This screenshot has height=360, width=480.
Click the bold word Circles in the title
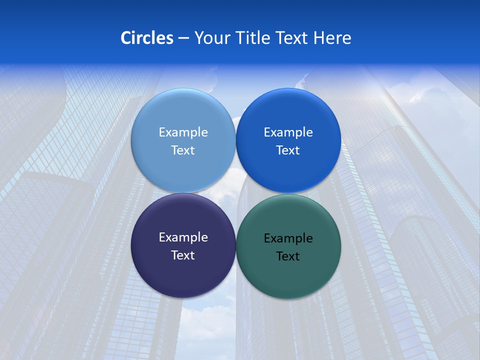pyautogui.click(x=146, y=38)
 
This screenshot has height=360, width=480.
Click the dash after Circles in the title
pyautogui.click(x=183, y=38)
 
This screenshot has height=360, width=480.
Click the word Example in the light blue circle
pyautogui.click(x=183, y=132)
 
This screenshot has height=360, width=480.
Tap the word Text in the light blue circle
pyautogui.click(x=183, y=150)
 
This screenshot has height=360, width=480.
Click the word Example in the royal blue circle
pyautogui.click(x=288, y=132)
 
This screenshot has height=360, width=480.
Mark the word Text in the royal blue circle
pyautogui.click(x=288, y=150)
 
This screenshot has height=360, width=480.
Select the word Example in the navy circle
pyautogui.click(x=183, y=237)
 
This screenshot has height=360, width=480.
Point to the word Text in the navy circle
pyautogui.click(x=183, y=255)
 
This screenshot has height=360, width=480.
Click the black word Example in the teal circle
pyautogui.click(x=288, y=238)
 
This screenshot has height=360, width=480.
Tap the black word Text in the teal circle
pyautogui.click(x=288, y=256)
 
